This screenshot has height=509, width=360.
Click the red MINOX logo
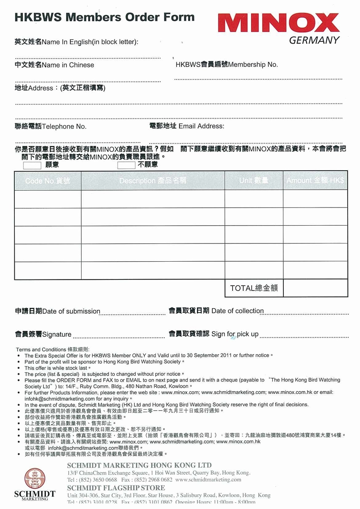click(x=280, y=23)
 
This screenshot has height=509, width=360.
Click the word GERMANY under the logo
click(x=314, y=40)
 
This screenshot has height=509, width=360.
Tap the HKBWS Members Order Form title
click(x=105, y=17)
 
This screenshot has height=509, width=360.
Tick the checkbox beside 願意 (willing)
click(x=32, y=165)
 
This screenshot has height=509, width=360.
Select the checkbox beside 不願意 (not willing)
click(x=126, y=165)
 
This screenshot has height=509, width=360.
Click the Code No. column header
click(x=47, y=181)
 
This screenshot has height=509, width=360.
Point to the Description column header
click(x=152, y=181)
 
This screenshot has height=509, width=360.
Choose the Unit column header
click(x=254, y=181)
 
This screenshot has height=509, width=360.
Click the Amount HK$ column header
click(x=315, y=181)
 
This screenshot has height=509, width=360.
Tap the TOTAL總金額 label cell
click(x=254, y=288)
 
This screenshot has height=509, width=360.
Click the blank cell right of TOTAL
click(x=315, y=288)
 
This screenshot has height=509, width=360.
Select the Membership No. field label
click(x=227, y=65)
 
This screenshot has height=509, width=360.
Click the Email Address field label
click(x=187, y=126)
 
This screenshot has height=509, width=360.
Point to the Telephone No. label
click(x=51, y=127)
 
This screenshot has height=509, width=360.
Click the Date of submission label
click(x=58, y=311)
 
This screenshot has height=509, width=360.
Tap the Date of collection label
click(x=216, y=311)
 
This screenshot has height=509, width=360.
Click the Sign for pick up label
click(x=213, y=334)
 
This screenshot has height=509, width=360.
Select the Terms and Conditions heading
click(x=53, y=349)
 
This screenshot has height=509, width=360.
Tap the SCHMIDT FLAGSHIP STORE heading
click(x=116, y=488)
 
